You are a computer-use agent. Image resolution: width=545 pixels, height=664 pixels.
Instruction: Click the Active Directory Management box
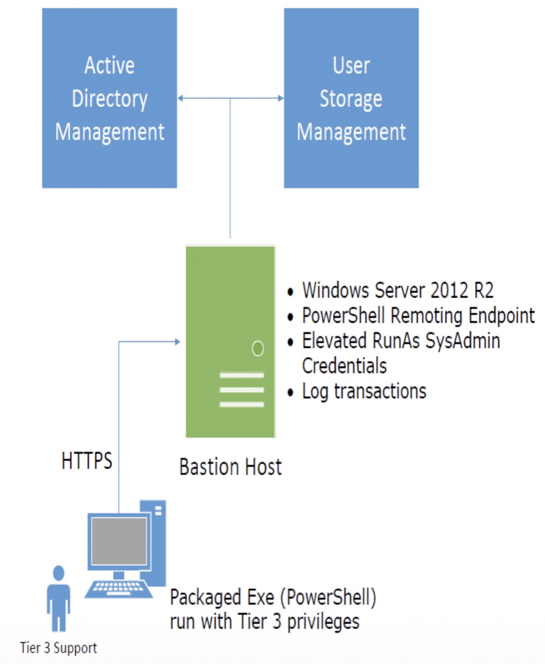110,98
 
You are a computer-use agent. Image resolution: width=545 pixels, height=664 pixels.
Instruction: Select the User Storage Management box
351,98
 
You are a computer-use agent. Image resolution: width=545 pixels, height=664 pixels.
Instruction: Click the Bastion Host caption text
230,467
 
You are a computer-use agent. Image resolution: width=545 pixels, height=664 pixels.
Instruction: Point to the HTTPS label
87,461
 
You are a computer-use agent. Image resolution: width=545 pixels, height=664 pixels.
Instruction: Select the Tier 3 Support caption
58,647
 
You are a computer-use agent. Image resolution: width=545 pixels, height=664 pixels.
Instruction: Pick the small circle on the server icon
257,349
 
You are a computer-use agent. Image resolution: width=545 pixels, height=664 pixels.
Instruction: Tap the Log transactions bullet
364,391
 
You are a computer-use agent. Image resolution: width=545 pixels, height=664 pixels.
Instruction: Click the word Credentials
344,366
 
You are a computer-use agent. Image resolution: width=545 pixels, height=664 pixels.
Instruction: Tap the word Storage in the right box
351,99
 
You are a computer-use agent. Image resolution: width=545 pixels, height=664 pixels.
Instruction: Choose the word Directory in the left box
110,99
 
